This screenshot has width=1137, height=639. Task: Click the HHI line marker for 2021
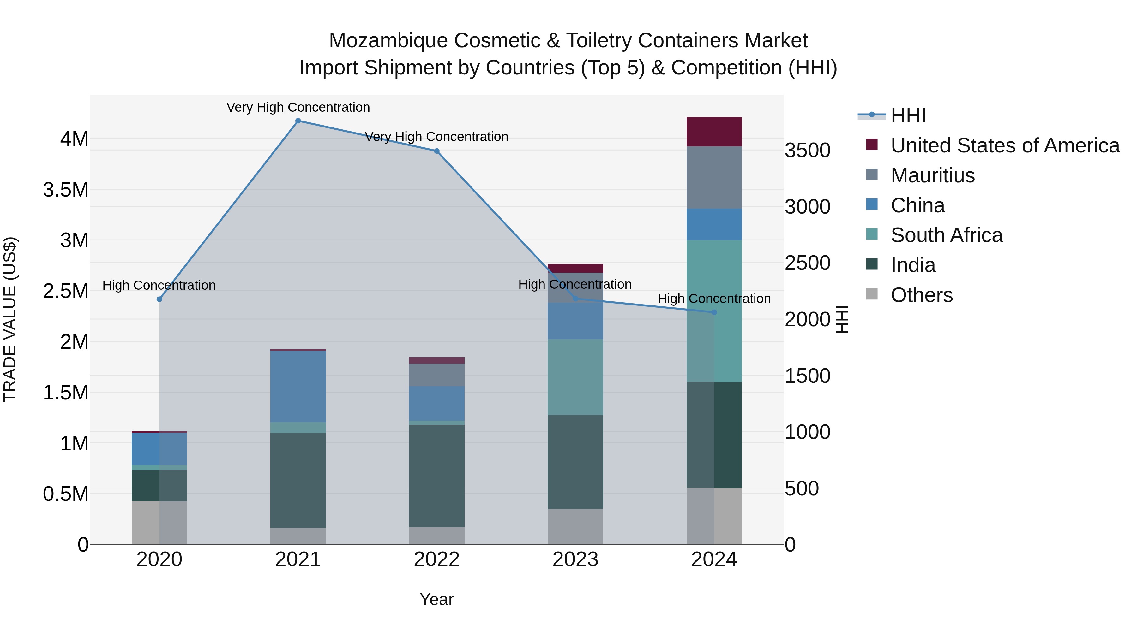[298, 121]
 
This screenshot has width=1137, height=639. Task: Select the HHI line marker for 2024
[714, 312]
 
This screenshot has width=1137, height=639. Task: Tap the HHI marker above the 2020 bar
[159, 299]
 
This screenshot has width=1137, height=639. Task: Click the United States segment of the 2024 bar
[714, 132]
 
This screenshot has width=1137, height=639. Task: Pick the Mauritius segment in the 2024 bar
[714, 177]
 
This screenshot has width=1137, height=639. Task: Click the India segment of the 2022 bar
[436, 476]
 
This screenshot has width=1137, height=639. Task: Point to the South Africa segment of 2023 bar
[575, 377]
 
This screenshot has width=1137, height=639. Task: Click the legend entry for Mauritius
[932, 175]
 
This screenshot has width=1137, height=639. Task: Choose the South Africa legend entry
[946, 235]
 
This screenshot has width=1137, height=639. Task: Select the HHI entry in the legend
[908, 115]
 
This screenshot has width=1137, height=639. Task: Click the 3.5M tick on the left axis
[65, 190]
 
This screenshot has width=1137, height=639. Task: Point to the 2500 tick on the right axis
[807, 263]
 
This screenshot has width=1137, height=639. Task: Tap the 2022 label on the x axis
[436, 559]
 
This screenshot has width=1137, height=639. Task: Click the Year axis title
[436, 599]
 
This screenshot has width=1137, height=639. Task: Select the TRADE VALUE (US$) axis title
[10, 319]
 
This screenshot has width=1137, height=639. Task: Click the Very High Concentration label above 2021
[298, 107]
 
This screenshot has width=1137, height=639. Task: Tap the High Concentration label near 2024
[714, 299]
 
